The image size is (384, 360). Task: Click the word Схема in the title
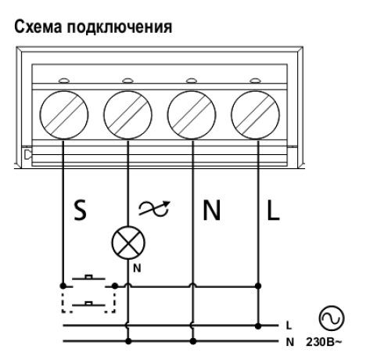pos(38,27)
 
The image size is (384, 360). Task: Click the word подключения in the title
pos(120,27)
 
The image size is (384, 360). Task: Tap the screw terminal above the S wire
pos(64,115)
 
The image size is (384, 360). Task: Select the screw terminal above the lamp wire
pos(127,115)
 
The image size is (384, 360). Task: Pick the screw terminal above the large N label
pos(192,115)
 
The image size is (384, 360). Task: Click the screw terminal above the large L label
pos(256,115)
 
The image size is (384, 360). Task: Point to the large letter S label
pos(80,211)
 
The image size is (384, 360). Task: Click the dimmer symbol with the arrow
pos(154,209)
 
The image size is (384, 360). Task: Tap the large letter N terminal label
pos(212,211)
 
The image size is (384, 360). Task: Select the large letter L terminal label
pos(273,211)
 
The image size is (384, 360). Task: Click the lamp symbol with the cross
pos(128,243)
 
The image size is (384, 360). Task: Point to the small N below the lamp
pos(137,268)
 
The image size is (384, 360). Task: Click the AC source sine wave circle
pos(332,319)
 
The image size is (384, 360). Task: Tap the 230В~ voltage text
pos(324,342)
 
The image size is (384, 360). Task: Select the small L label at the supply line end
pos(289,326)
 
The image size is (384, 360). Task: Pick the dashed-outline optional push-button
pos(88,303)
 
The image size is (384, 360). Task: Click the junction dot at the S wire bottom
pos(63,286)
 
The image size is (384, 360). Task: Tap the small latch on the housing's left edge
pos(27,154)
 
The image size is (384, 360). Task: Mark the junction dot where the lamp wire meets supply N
pos(128,341)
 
